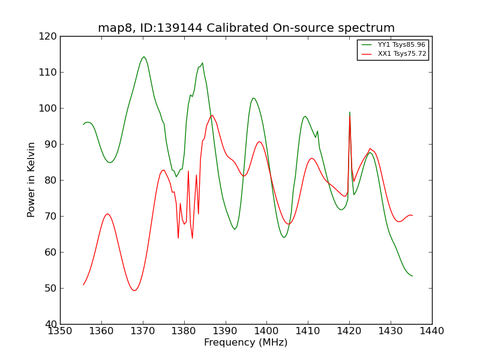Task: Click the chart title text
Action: coord(246,28)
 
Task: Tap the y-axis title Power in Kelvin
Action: coord(32,179)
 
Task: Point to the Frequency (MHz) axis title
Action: coord(245,343)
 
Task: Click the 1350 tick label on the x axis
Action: coord(60,331)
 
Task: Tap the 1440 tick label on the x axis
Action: coord(432,331)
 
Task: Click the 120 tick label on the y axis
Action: coord(49,36)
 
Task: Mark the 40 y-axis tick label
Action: coord(52,324)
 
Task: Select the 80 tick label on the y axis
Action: coord(52,180)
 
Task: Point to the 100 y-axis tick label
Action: coord(49,108)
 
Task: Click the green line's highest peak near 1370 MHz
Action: coord(143,57)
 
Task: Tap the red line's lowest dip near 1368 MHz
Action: coord(134,290)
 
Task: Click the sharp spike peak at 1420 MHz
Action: coord(350,112)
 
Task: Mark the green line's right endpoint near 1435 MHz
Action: coord(412,276)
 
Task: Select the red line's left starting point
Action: coord(83,284)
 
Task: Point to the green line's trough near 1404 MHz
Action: coord(284,237)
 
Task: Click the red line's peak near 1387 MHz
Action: coord(212,115)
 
